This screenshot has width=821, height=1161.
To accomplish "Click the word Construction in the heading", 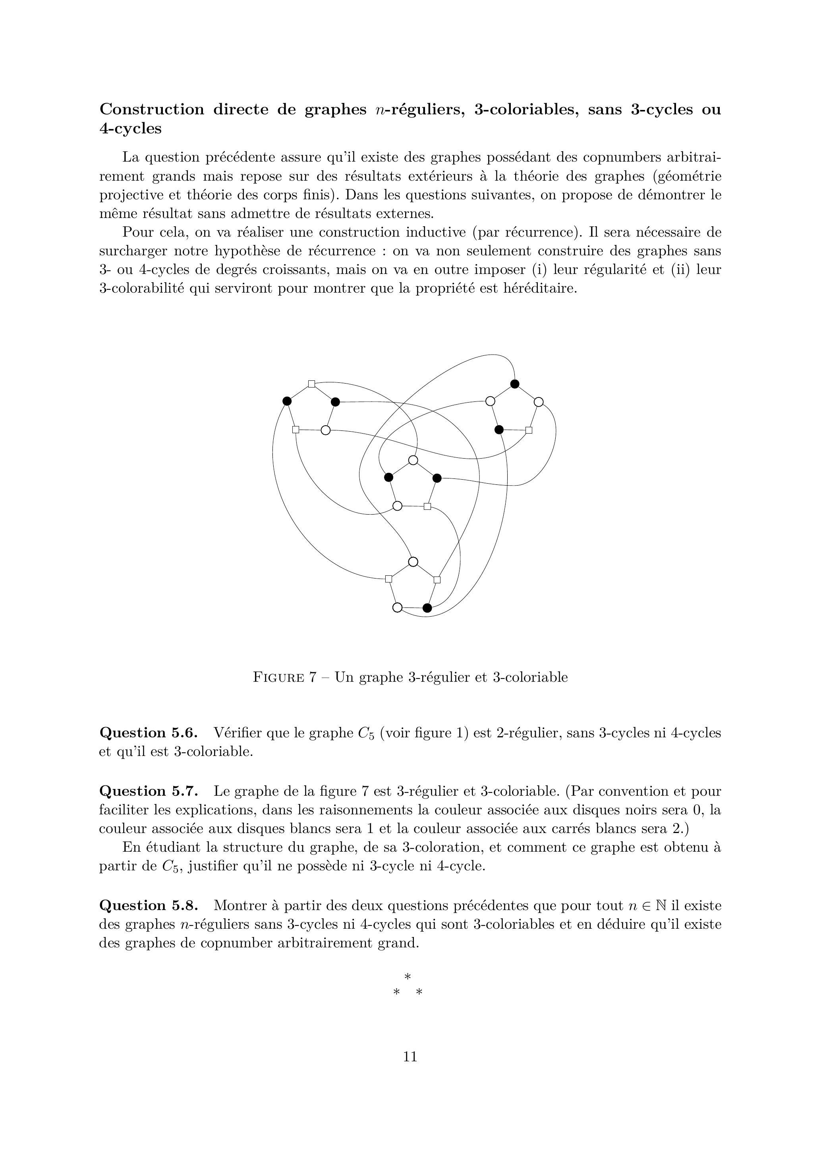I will [151, 109].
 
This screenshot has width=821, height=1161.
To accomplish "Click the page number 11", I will [410, 1056].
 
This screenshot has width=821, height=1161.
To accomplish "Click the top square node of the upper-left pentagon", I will [312, 384].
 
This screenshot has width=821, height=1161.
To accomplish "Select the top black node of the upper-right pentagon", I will [515, 384].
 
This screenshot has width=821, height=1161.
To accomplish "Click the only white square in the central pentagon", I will [427, 506].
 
